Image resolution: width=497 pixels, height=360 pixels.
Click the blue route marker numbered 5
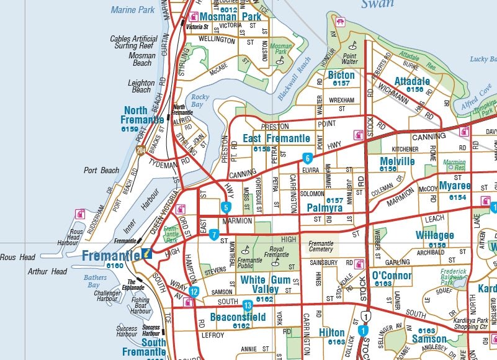tap(226, 207)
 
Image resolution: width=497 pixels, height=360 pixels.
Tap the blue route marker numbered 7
tap(214, 235)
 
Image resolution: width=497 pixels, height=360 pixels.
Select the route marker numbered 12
tap(194, 292)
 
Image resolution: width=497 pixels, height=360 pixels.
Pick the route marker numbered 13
tap(248, 305)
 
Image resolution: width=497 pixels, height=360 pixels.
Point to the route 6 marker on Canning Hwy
tap(307, 158)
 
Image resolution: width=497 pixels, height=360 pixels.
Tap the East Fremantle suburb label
tap(276, 138)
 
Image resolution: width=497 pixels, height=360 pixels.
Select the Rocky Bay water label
tap(200, 101)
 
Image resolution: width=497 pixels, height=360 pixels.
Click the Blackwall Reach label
tap(294, 79)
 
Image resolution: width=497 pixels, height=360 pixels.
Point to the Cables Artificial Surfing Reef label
tap(133, 42)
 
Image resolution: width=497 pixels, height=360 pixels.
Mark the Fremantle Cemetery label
tap(321, 246)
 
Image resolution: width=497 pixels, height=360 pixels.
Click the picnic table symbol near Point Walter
tap(339, 22)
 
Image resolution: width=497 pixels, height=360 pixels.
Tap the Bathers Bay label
tap(95, 281)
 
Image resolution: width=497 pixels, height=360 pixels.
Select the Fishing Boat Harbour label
tap(141, 305)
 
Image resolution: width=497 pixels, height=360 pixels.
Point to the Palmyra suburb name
tap(325, 208)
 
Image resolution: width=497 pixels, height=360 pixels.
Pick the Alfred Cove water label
tap(475, 101)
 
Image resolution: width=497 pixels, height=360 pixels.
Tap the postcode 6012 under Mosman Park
tap(228, 10)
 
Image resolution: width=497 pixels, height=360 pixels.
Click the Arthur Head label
tap(47, 271)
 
